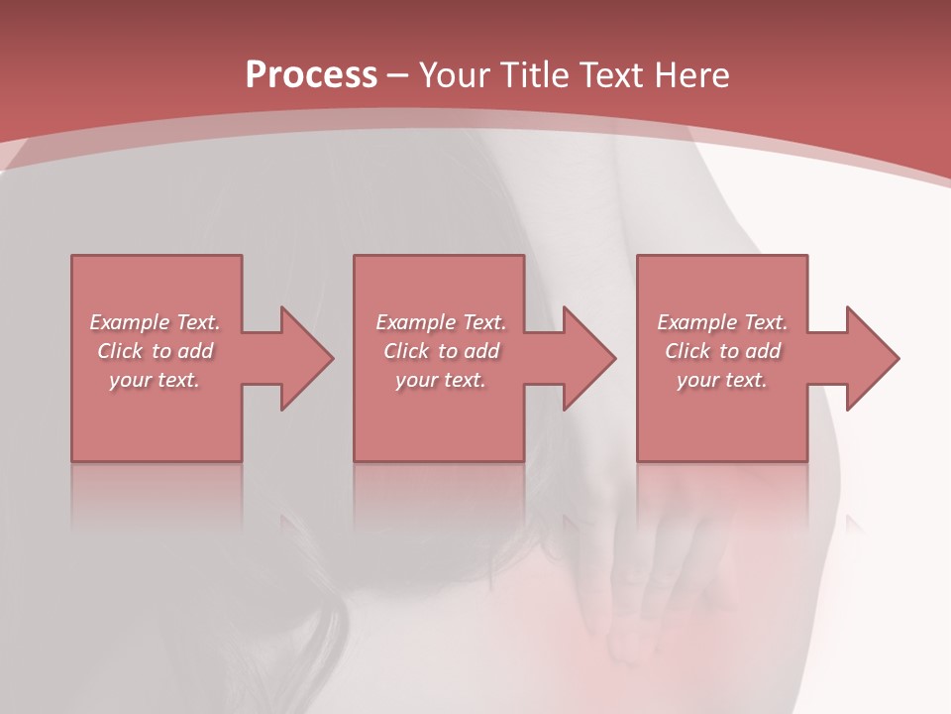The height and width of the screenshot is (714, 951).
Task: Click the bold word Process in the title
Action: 311,75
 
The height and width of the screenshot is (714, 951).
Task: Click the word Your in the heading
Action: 455,75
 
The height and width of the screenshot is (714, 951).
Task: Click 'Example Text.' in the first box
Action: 156,322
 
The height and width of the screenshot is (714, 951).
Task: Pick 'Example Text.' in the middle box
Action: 441,322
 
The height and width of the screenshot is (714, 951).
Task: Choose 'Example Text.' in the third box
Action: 722,322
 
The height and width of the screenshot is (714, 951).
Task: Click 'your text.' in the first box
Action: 155,380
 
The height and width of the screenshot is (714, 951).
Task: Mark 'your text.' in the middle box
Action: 440,380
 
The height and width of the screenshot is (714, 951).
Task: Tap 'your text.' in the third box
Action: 721,380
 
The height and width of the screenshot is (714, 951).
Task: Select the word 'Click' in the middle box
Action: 406,351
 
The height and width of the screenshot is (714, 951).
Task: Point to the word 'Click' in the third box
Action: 687,351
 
